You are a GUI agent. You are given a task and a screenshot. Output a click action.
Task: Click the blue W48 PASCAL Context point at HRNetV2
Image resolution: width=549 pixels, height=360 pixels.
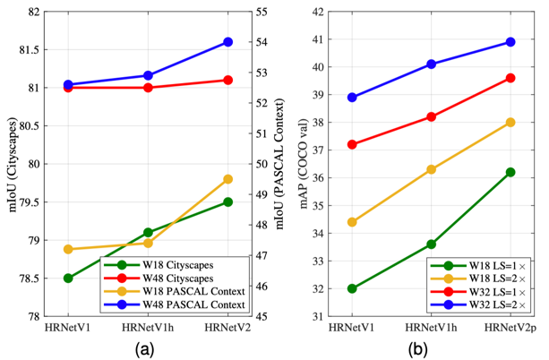pos(227,42)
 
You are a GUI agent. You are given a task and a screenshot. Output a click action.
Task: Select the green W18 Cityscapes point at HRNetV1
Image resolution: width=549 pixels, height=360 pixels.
pos(68,278)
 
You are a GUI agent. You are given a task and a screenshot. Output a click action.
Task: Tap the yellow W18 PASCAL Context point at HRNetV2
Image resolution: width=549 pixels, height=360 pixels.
pos(227,179)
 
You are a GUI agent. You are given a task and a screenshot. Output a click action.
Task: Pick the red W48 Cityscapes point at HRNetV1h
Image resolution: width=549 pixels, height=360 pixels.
pos(148,88)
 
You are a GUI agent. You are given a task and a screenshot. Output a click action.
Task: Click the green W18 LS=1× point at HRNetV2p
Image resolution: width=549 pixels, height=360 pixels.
pos(510,172)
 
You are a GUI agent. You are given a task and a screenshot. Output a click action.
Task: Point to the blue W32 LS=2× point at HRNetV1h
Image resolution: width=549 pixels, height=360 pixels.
pos(431,64)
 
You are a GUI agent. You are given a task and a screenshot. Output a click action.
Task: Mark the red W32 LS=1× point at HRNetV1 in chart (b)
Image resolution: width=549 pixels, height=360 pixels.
pos(352,144)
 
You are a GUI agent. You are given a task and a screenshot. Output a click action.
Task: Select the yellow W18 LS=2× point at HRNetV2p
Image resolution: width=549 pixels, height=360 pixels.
pos(510,122)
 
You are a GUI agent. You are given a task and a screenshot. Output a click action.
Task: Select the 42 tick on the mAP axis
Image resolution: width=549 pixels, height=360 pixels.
pos(319,12)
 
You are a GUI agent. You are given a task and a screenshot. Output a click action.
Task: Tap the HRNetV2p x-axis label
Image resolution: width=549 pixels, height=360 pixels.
pos(510,329)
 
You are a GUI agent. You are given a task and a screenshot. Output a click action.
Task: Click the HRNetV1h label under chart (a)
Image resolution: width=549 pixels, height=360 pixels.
pos(148,329)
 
